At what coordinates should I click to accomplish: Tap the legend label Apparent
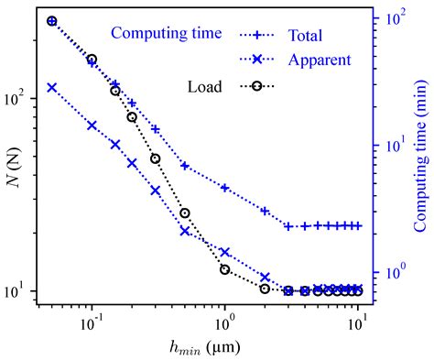(317, 60)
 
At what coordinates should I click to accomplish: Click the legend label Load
(203, 87)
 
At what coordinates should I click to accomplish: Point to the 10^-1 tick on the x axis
(92, 323)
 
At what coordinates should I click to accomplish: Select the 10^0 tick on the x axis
(224, 323)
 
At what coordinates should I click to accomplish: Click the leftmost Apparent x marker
(52, 88)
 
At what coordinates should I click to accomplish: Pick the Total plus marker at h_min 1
(224, 188)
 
